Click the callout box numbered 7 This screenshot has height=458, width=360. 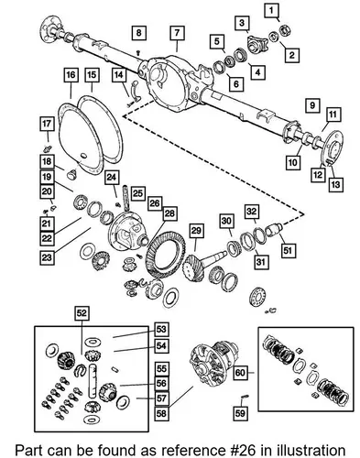(x=177, y=33)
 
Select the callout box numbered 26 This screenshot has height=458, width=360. (x=155, y=203)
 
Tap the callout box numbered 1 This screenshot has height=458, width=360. (x=271, y=11)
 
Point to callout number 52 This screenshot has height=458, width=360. (x=82, y=313)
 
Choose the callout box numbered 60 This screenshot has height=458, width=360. (x=240, y=373)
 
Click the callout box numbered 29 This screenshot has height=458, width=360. (x=196, y=232)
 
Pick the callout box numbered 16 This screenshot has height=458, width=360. (x=71, y=75)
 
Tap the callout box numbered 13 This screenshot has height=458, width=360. (x=335, y=184)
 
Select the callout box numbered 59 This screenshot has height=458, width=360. (x=240, y=413)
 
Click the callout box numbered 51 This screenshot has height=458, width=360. (x=288, y=251)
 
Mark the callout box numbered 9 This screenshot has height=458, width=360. (x=312, y=105)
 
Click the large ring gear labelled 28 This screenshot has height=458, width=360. (x=166, y=255)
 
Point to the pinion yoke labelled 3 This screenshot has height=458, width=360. (x=257, y=44)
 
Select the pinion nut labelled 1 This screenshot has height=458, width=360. (x=285, y=30)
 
